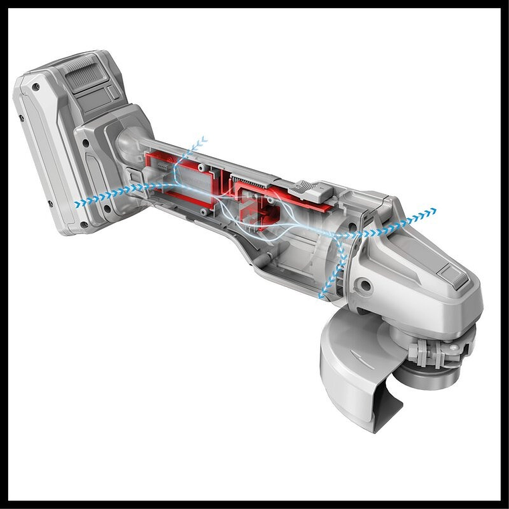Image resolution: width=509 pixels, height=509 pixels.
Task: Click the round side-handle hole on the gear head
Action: click(x=366, y=285)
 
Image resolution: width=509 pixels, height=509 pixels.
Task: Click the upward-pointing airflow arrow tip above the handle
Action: click(x=203, y=140)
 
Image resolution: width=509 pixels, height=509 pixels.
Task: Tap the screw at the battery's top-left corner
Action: click(x=35, y=87)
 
